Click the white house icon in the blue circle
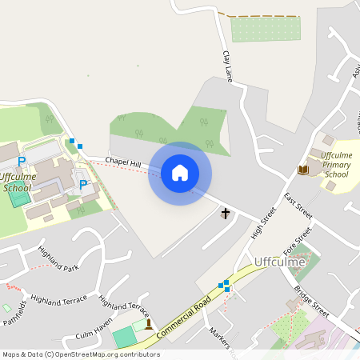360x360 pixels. pyautogui.click(x=180, y=173)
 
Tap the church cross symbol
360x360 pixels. pyautogui.click(x=226, y=214)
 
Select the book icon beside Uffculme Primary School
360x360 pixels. pyautogui.click(x=303, y=170)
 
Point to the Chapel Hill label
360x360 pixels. pyautogui.click(x=122, y=163)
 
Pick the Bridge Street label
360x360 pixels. pyautogui.click(x=311, y=302)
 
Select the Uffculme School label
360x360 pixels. pyautogui.click(x=18, y=182)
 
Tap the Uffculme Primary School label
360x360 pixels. pyautogui.click(x=335, y=164)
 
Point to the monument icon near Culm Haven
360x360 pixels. pyautogui.click(x=147, y=324)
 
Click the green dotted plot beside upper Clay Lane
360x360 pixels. pyautogui.click(x=265, y=30)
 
